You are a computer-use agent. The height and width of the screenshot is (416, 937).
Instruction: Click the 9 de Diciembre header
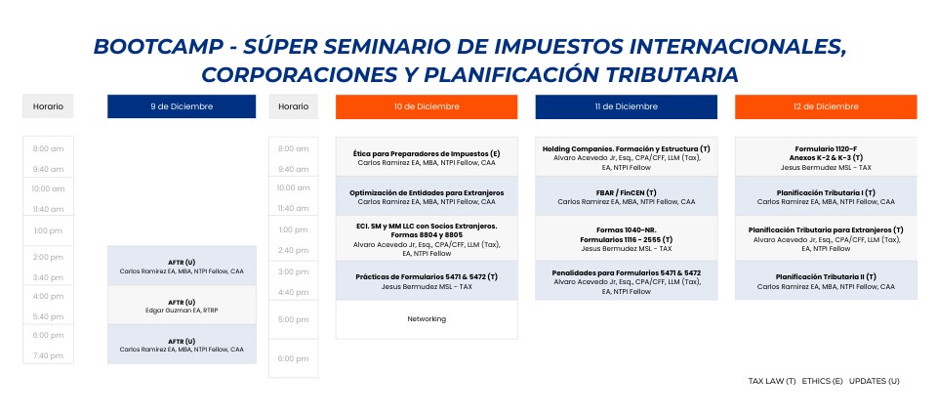tap(182, 106)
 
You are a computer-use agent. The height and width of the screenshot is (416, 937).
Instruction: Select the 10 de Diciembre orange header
tap(427, 106)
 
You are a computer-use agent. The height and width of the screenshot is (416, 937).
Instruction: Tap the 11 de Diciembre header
tap(627, 106)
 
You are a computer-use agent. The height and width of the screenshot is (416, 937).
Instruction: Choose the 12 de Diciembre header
tap(826, 106)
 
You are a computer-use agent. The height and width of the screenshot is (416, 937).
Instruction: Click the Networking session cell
tap(427, 319)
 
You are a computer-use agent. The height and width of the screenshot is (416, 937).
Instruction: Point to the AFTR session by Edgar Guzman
tap(182, 306)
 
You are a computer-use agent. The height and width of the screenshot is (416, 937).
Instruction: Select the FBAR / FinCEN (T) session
tap(627, 196)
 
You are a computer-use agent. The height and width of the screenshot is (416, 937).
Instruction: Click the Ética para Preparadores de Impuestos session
tap(427, 157)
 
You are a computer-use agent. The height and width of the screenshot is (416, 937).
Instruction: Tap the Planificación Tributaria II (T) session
tap(826, 281)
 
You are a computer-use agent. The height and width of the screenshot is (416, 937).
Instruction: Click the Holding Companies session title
tap(627, 148)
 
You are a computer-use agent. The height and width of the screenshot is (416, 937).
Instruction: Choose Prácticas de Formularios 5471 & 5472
tap(427, 281)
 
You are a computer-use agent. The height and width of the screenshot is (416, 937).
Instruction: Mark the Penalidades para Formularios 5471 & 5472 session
tap(627, 281)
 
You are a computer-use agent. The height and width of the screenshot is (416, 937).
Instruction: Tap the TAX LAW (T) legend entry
tap(772, 381)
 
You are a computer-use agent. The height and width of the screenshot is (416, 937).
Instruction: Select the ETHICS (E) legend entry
tap(822, 381)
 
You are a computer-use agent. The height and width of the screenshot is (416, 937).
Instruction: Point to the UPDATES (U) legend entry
tap(875, 381)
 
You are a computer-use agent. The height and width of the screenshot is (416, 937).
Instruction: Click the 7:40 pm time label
tap(49, 355)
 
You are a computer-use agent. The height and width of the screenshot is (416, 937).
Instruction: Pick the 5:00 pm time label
tap(294, 319)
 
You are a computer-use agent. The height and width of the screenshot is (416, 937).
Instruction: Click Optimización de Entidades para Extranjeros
tap(427, 193)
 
